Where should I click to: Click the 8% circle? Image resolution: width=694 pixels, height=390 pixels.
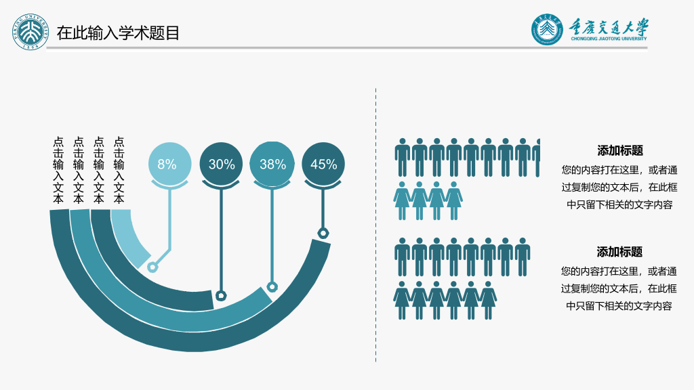pyautogui.click(x=169, y=164)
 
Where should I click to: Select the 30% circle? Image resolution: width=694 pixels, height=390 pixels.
pyautogui.click(x=221, y=164)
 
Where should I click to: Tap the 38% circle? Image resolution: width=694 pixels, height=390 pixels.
pyautogui.click(x=272, y=164)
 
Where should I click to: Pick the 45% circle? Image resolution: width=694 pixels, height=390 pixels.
pyautogui.click(x=323, y=164)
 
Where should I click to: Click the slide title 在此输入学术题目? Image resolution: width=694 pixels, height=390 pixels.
pyautogui.click(x=118, y=33)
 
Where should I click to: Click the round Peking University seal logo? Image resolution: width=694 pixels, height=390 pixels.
pyautogui.click(x=30, y=32)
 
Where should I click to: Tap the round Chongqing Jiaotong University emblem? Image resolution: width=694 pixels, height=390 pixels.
pyautogui.click(x=547, y=30)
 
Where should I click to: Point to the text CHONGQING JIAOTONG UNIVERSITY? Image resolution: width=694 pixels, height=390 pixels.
pyautogui.click(x=609, y=39)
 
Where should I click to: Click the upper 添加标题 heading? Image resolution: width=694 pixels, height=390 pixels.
pyautogui.click(x=619, y=150)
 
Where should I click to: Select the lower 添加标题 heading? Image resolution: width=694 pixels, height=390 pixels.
pyautogui.click(x=619, y=252)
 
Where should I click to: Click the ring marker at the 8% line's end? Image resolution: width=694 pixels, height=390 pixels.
pyautogui.click(x=152, y=267)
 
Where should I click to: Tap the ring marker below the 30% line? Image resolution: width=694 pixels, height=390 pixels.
pyautogui.click(x=221, y=295)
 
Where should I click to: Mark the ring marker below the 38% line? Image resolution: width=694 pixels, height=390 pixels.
pyautogui.click(x=272, y=287)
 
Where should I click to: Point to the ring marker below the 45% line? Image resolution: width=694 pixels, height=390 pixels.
pyautogui.click(x=323, y=233)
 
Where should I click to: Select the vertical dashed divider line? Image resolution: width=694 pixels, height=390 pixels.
pyautogui.click(x=375, y=225)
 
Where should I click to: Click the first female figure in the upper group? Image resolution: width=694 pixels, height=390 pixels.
pyautogui.click(x=402, y=200)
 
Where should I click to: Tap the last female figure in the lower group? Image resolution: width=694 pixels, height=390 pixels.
pyautogui.click(x=488, y=300)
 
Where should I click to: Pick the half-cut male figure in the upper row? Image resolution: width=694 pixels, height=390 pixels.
pyautogui.click(x=537, y=157)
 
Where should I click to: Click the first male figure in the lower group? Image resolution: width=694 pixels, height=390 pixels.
pyautogui.click(x=403, y=257)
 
